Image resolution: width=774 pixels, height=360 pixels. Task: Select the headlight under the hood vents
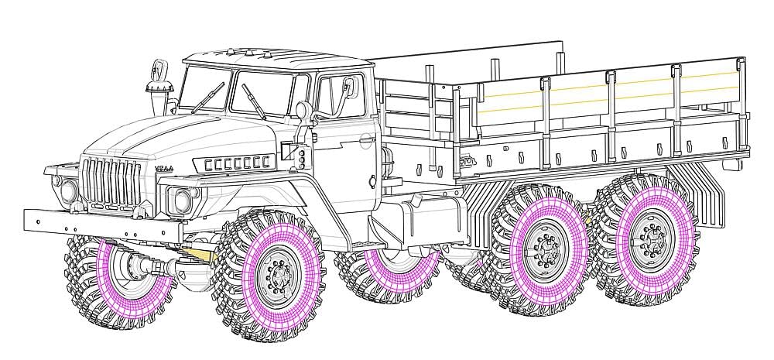pos(183,200)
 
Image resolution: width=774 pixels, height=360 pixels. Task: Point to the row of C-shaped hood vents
pos(239,163)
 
